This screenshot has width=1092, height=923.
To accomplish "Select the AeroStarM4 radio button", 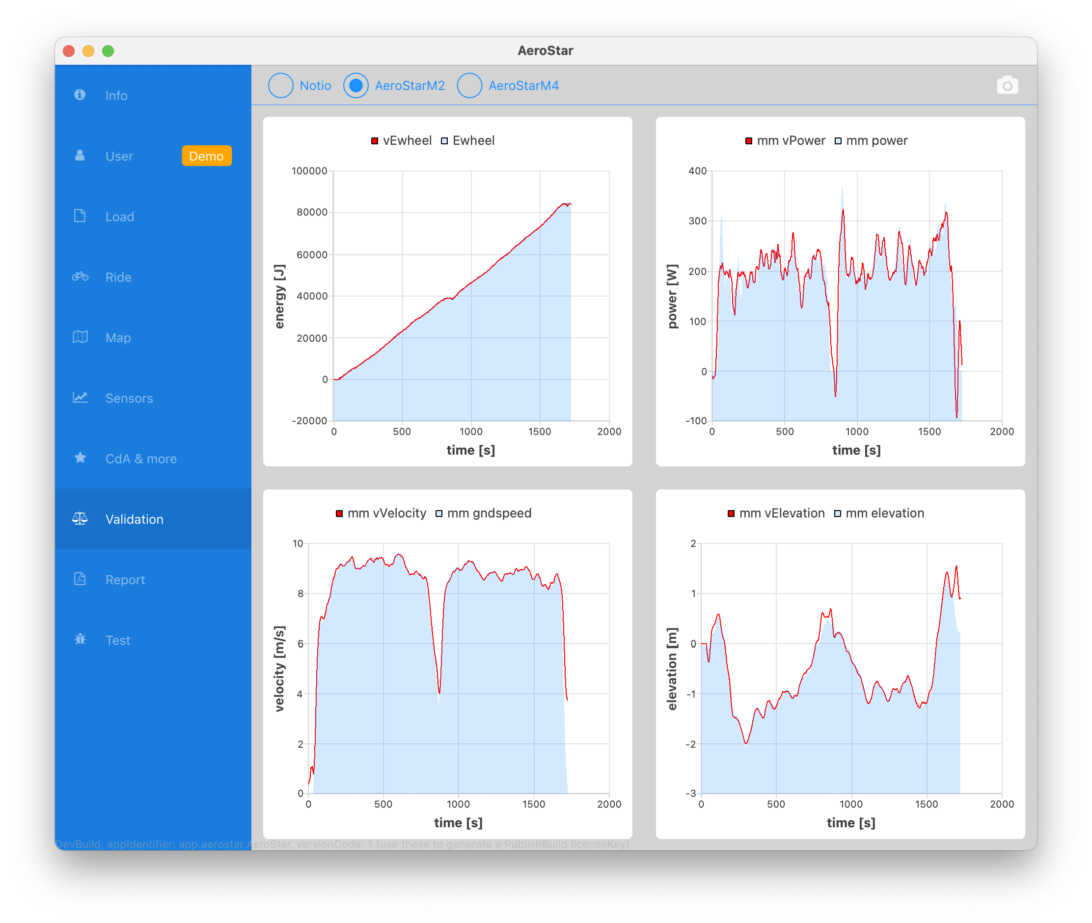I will coord(469,85).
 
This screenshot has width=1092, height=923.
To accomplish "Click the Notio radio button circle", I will coord(280,85).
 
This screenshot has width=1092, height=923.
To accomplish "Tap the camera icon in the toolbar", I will coord(1007,85).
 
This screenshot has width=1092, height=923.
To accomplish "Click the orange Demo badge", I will coord(207,156).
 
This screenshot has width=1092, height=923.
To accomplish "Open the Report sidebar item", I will coord(125,580).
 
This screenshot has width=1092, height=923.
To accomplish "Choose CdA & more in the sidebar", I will coord(141,459).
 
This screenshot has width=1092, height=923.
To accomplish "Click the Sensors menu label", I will coord(129,398).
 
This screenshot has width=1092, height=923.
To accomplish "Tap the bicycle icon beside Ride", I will coord(80,277).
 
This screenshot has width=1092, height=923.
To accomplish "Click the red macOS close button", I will coord(69,51).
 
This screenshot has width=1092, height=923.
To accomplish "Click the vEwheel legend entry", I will coord(401,141).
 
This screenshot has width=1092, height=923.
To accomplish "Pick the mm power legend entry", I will coord(871,141).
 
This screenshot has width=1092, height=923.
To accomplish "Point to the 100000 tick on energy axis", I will coord(309,171).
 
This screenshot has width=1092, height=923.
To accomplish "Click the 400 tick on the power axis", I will coord(698,171).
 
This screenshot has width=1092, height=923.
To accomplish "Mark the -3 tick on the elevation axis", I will coord(691,793).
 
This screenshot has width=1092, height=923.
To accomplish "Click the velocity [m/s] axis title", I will coord(279,668).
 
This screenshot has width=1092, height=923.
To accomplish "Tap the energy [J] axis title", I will coord(279,296).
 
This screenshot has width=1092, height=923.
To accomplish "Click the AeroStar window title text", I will coord(545,51).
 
